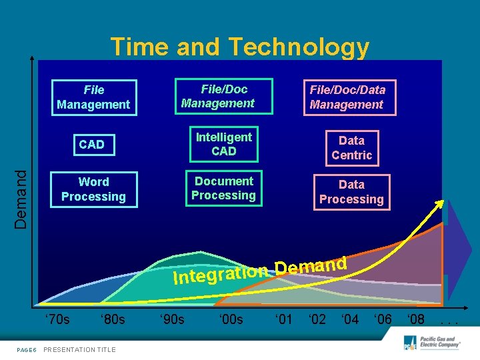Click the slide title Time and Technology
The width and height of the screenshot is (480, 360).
(x=239, y=47)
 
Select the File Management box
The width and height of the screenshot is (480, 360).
(x=93, y=97)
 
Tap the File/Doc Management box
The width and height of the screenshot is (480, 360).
(x=223, y=97)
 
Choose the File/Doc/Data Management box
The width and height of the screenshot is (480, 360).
(x=347, y=97)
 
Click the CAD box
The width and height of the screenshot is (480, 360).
(x=91, y=145)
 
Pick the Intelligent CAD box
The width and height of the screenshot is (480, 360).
(x=223, y=144)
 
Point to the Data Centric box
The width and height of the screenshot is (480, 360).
(x=351, y=148)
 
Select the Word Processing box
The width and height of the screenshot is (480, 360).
(x=93, y=189)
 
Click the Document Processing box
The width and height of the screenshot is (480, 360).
(x=223, y=189)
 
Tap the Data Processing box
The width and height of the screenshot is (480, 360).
(x=351, y=192)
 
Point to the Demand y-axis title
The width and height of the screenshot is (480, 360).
(x=22, y=199)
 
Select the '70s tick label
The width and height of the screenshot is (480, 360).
(x=57, y=319)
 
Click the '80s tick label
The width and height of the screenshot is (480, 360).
(x=112, y=319)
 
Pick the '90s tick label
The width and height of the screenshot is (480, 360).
(x=172, y=319)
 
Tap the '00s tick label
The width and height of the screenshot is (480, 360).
(x=231, y=319)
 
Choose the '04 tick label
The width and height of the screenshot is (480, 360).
(x=349, y=319)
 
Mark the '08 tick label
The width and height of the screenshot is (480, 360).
(x=415, y=319)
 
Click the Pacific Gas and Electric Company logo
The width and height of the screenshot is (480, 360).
(x=433, y=343)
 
